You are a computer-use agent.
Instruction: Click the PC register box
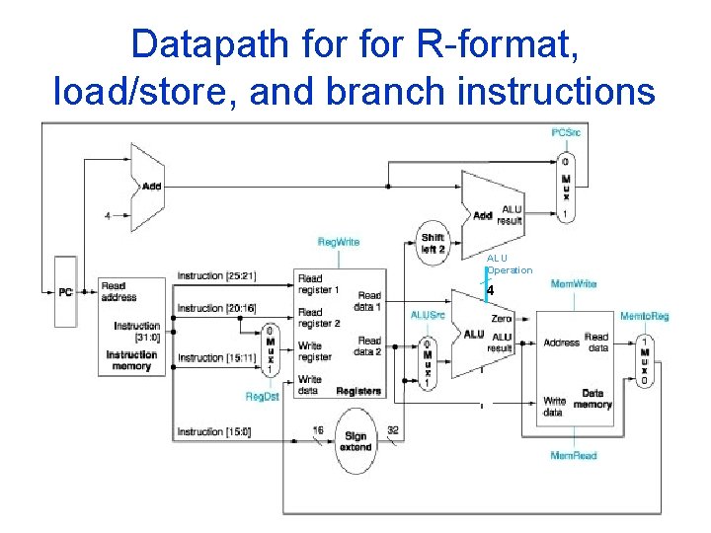coord(65,292)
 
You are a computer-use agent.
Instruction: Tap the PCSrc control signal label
coord(566,132)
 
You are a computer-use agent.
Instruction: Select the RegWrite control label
coord(338,242)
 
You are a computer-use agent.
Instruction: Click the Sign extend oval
coord(355,441)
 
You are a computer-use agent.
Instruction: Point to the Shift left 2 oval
coord(433,243)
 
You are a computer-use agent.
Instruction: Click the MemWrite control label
coord(573,284)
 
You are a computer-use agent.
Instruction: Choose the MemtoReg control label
coord(644,316)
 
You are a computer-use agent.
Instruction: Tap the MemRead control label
coord(573,455)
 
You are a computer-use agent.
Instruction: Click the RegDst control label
coord(263,396)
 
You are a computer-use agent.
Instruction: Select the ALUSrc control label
coord(428,315)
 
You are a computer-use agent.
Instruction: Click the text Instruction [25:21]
coord(217,275)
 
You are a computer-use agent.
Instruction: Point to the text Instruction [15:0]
coord(214,431)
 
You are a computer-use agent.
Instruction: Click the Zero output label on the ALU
coord(501,319)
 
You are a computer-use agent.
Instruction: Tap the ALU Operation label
coord(510,265)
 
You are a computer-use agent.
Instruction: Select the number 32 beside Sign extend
coord(393,430)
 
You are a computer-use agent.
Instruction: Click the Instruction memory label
coord(131,360)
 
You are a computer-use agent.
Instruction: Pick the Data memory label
coord(592,398)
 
